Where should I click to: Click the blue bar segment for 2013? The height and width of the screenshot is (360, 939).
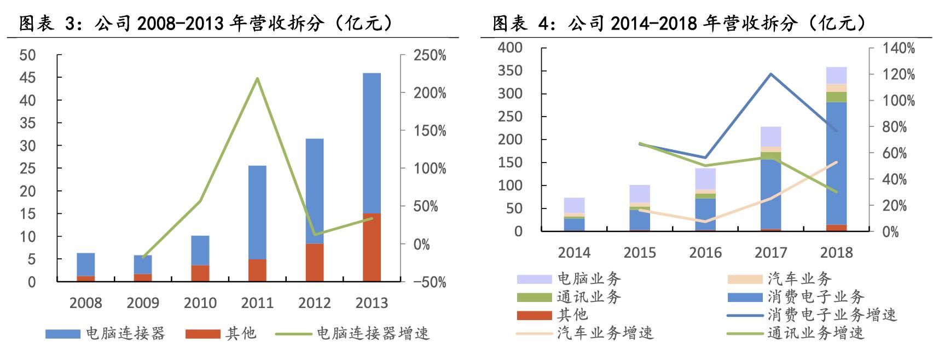(372, 142)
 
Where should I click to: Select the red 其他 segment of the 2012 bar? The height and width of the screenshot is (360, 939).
(315, 263)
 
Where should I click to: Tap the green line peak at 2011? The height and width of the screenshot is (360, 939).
(257, 79)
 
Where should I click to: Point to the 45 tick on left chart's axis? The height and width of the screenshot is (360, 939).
(27, 78)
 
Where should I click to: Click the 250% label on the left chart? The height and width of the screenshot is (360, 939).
(430, 55)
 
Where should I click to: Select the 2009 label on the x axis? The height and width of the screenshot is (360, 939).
(143, 303)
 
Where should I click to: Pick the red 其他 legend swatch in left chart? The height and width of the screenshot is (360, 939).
(202, 334)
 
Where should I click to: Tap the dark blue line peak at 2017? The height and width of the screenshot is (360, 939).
(771, 74)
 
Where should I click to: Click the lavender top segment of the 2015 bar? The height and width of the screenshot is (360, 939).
(640, 194)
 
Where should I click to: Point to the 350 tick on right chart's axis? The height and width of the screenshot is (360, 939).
(510, 71)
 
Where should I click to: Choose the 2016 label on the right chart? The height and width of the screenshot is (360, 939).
(705, 253)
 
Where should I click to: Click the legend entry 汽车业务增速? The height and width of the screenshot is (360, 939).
(605, 333)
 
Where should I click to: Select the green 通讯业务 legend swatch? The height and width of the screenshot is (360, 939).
(534, 298)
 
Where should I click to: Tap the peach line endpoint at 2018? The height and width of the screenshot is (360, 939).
(836, 162)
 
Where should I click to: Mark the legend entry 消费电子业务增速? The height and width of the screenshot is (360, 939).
(832, 315)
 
